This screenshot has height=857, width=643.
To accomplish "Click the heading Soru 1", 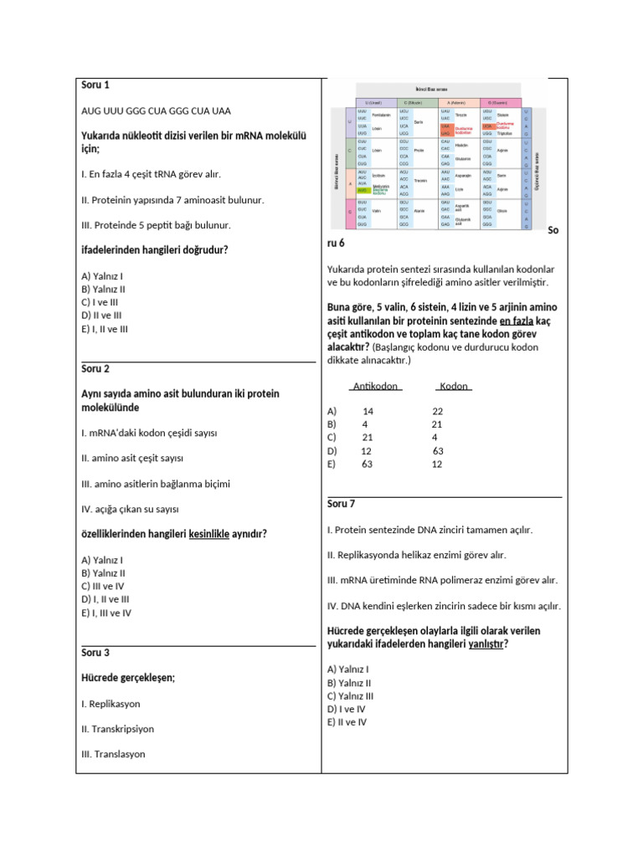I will click(x=95, y=85).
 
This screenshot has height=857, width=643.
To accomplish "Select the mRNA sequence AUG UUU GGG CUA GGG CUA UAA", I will click(x=157, y=110).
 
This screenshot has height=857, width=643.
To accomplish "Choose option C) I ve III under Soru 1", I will click(x=100, y=302).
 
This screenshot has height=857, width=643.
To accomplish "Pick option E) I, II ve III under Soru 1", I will click(x=105, y=329).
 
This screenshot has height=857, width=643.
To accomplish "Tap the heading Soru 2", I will click(x=95, y=369).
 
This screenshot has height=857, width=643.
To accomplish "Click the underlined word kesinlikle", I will click(x=209, y=534).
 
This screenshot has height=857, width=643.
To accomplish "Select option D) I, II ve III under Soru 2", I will click(x=105, y=599).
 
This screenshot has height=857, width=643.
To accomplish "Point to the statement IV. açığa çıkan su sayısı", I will click(x=131, y=509).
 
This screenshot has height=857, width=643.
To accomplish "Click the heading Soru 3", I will click(x=95, y=653).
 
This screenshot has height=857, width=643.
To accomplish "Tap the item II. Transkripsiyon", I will click(x=118, y=729).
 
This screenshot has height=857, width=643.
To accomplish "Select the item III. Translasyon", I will click(x=113, y=754).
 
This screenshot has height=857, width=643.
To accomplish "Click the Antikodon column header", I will click(x=375, y=387).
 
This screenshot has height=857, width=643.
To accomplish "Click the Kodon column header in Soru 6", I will click(x=454, y=387).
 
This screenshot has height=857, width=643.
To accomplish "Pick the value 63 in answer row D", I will click(x=438, y=451).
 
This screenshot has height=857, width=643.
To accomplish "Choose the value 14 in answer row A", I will click(x=368, y=412).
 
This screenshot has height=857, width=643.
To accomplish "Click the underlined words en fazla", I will click(x=517, y=321).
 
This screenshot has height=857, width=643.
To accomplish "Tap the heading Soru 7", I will click(x=342, y=504).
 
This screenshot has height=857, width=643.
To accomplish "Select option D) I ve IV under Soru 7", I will click(x=347, y=708).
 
